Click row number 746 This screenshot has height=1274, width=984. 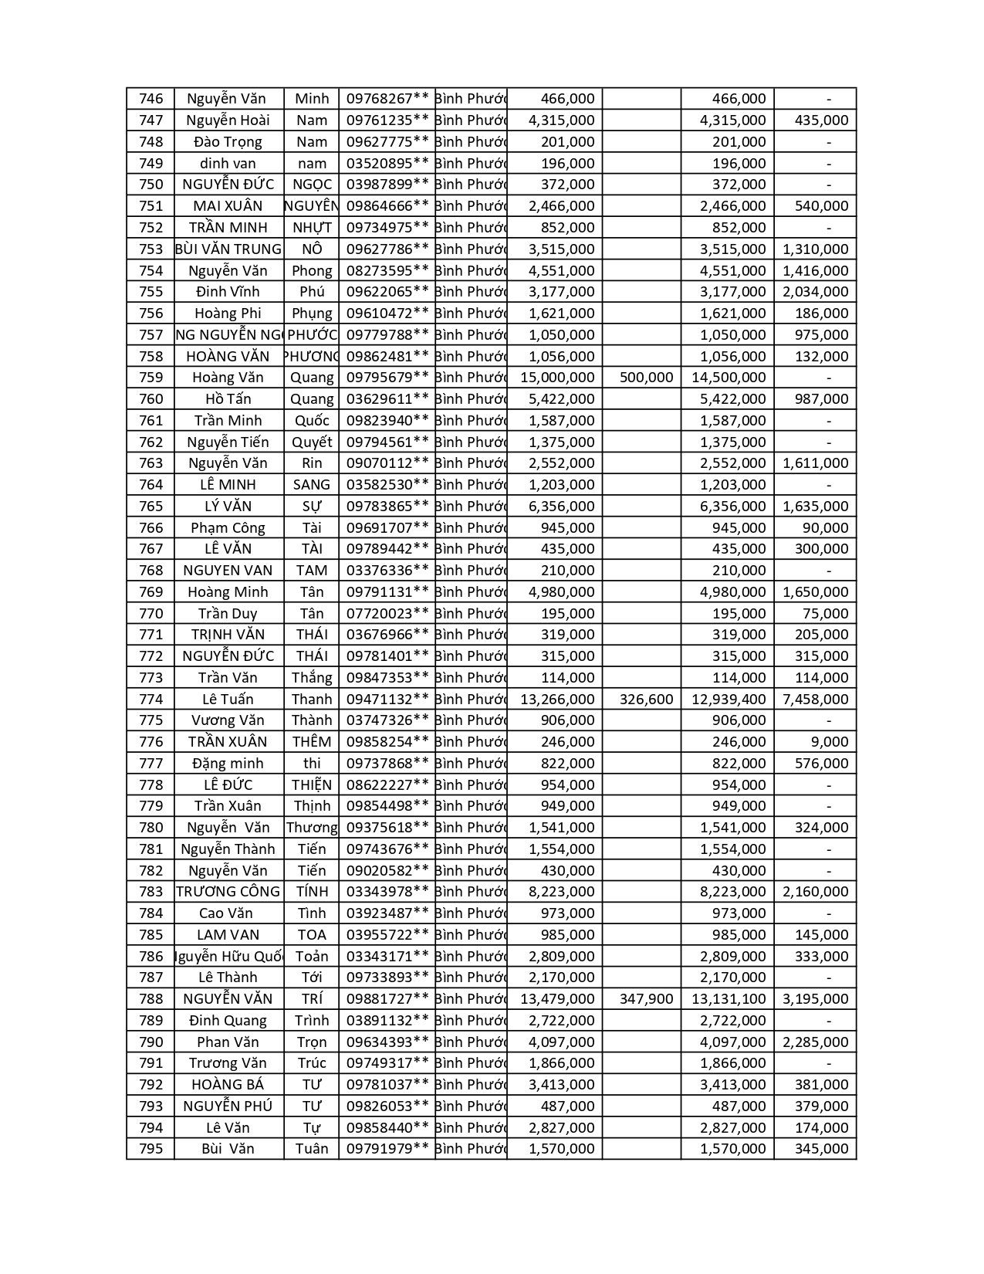point(151,99)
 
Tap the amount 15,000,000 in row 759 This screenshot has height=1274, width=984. point(557,378)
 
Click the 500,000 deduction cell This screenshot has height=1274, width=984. point(646,378)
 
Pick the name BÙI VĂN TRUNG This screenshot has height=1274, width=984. point(228,249)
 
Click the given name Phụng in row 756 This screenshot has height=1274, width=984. point(312,313)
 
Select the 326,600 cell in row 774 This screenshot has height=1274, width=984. point(646,700)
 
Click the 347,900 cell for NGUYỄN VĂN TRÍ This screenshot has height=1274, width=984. point(646,999)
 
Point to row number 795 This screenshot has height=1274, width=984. point(151,1149)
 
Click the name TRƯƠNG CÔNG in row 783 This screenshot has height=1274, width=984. point(228,892)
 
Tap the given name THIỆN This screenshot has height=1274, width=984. point(312,785)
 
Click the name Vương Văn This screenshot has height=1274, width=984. point(228,720)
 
